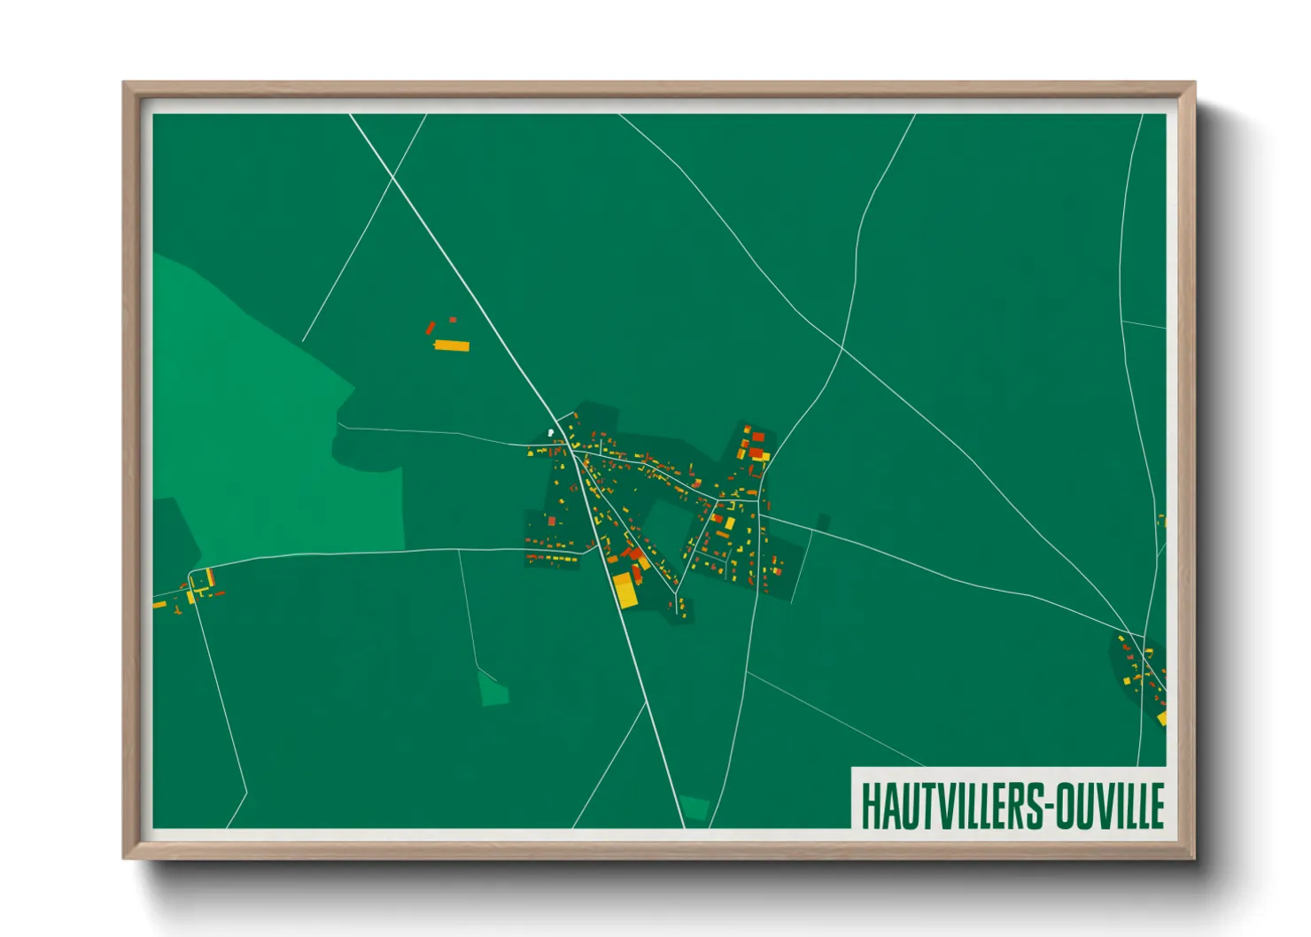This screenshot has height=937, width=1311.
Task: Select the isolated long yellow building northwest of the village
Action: [452, 345]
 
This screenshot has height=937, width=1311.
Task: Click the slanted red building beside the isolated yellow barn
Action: [431, 329]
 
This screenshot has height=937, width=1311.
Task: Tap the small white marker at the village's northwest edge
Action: [550, 433]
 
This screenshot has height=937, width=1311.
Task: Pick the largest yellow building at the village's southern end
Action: [625, 590]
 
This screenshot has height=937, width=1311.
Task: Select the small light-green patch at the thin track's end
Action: [493, 688]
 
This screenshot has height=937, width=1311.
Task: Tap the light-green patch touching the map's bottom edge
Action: [695, 807]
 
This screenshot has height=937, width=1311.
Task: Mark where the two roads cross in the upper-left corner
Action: [392, 178]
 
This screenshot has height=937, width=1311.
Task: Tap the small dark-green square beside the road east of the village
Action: [822, 523]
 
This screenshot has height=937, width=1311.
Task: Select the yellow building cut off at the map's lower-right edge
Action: [1161, 718]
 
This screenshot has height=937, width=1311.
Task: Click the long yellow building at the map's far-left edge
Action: [159, 605]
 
